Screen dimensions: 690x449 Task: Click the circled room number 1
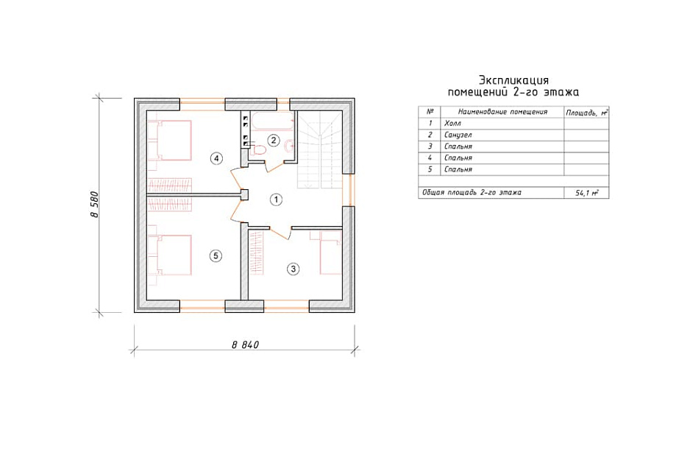(x=276, y=200)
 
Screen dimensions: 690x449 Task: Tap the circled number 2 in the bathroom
(x=274, y=141)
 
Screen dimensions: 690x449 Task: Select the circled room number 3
(x=293, y=269)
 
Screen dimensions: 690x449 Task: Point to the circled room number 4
(x=216, y=158)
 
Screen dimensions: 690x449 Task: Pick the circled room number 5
(x=216, y=255)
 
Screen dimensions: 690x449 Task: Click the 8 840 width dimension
(x=245, y=344)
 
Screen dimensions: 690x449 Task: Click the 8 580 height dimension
(x=95, y=204)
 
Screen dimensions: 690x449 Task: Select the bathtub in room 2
(x=274, y=121)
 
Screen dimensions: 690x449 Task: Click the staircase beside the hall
(x=320, y=149)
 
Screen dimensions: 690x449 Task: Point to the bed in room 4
(x=170, y=141)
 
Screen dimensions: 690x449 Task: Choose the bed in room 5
(x=170, y=255)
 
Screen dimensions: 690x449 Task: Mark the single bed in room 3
(x=330, y=252)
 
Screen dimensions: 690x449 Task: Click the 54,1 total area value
(x=586, y=193)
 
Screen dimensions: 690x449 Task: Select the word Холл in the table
(x=452, y=123)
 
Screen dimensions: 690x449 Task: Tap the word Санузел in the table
(x=458, y=135)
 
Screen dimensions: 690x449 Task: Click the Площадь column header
(x=586, y=113)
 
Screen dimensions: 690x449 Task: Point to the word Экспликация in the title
(x=513, y=80)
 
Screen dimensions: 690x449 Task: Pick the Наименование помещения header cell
(x=502, y=112)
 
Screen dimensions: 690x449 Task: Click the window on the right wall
(x=349, y=190)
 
